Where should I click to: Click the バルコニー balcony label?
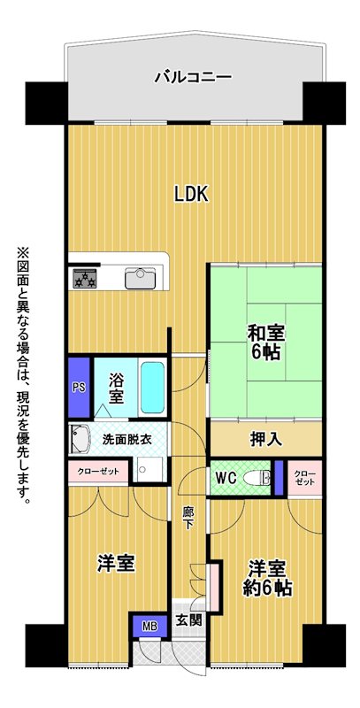(x=193, y=77)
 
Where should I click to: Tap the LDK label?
(x=191, y=194)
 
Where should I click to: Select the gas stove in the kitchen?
(x=85, y=278)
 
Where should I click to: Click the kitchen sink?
(x=141, y=278)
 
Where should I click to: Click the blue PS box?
(x=79, y=388)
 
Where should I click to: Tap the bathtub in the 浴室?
(x=151, y=388)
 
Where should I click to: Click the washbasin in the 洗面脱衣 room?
(x=79, y=437)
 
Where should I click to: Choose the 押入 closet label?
(x=266, y=439)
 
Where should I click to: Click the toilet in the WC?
(x=257, y=478)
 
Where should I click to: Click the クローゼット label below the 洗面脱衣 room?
(x=98, y=472)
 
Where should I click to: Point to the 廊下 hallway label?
(x=188, y=519)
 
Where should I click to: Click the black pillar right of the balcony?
(x=324, y=103)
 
